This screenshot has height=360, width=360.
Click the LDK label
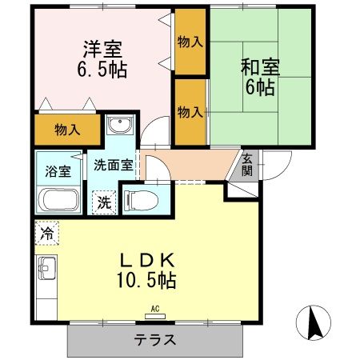pyautogui.click(x=148, y=261)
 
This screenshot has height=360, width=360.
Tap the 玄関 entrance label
pyautogui.click(x=248, y=165)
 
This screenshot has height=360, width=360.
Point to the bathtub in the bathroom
pyautogui.click(x=58, y=199)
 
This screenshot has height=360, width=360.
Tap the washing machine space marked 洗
pyautogui.click(x=104, y=202)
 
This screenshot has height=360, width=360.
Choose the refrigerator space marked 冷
pyautogui.click(x=46, y=234)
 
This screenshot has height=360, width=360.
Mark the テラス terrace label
pyautogui.click(x=154, y=339)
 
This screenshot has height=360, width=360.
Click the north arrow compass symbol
pyautogui.click(x=313, y=324)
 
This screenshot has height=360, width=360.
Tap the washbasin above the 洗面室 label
pyautogui.click(x=118, y=127)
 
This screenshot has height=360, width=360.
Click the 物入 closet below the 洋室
pyautogui.click(x=67, y=129)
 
